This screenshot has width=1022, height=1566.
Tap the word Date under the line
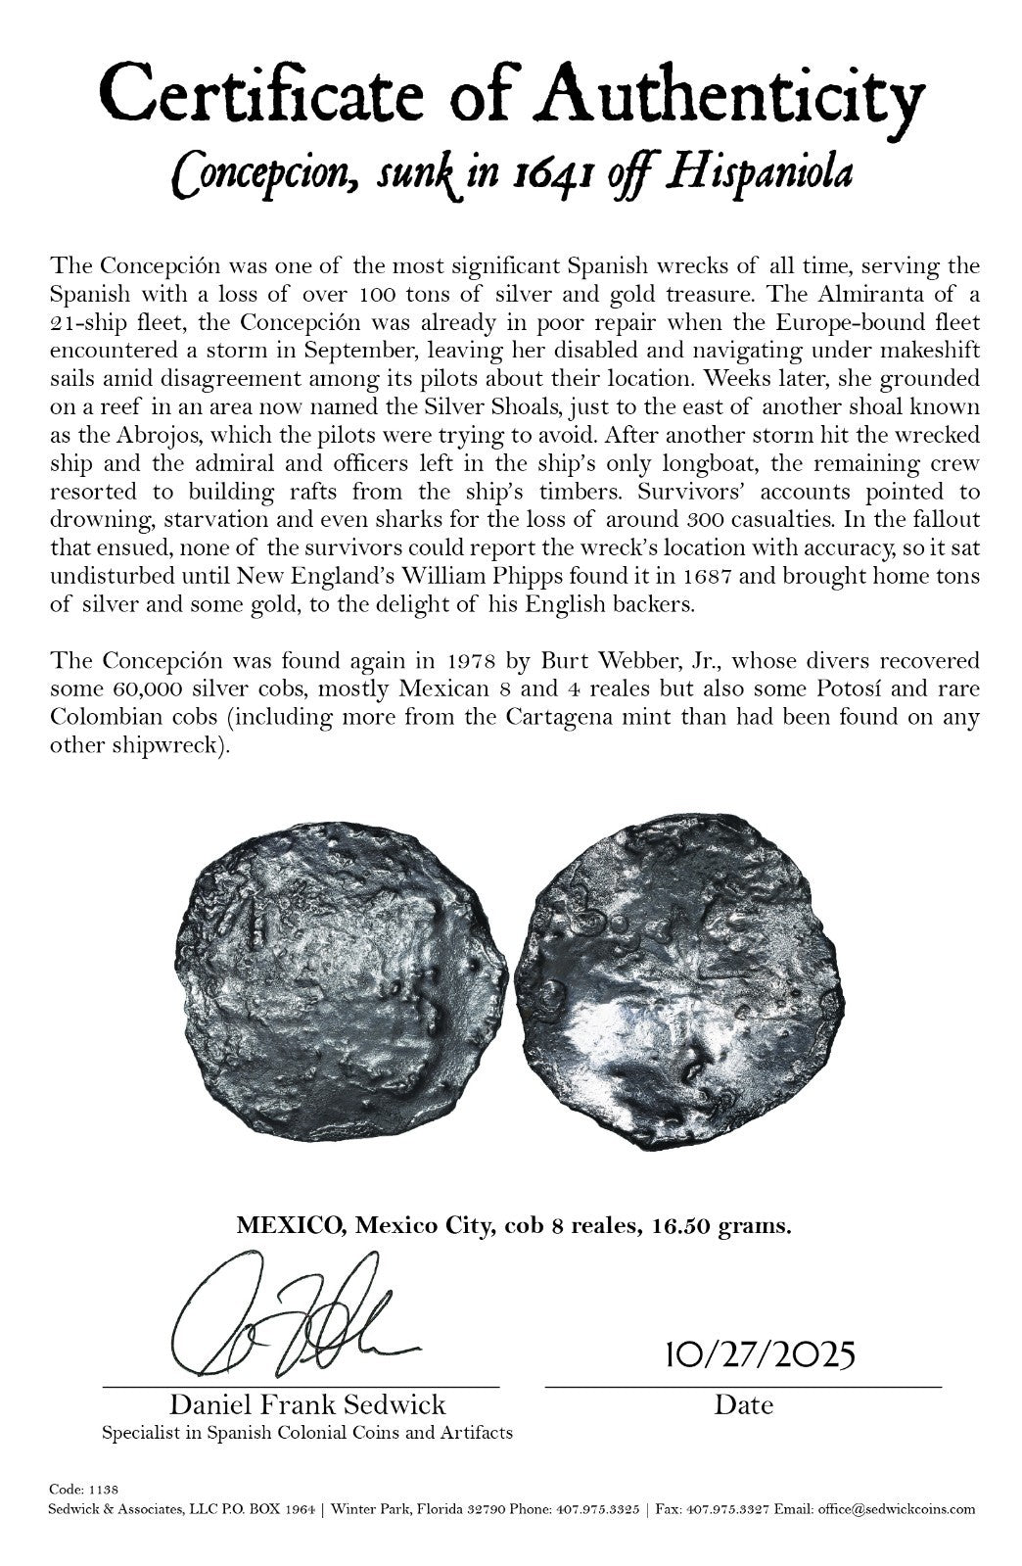click(743, 1405)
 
